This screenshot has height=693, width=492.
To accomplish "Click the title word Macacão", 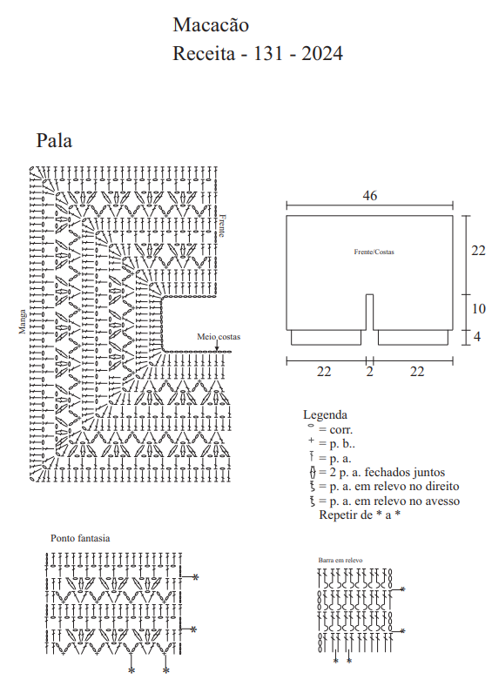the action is pos(211,25).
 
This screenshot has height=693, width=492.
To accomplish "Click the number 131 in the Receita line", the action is pos(268,53).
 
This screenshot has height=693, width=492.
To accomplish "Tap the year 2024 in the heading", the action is pos(322,53).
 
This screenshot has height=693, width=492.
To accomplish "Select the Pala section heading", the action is pos(54,140).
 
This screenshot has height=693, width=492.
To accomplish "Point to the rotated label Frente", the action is pos(222,225).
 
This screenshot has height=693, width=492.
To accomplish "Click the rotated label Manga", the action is pos(22,321).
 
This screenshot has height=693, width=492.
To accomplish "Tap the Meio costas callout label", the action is pos(219,337).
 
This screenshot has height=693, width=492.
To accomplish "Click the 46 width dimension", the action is pos(369,195).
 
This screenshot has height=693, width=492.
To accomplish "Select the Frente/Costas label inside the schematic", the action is pos(374,252).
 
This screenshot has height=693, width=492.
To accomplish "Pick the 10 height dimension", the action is pos(479,308).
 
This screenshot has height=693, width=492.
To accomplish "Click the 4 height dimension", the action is pos(477,337).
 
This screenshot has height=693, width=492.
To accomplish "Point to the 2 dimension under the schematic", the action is pos(369,372).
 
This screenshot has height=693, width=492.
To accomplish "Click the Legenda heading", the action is pos(325,414).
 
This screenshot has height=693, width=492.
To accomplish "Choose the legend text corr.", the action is pos(340,429).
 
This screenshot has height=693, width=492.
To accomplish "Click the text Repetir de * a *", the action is pos(360,515).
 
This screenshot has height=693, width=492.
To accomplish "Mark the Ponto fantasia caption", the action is pos(80,538).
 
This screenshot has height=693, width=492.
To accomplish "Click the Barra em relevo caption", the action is pos(340,560).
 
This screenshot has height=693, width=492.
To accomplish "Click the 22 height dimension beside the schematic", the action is pos(478,251).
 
